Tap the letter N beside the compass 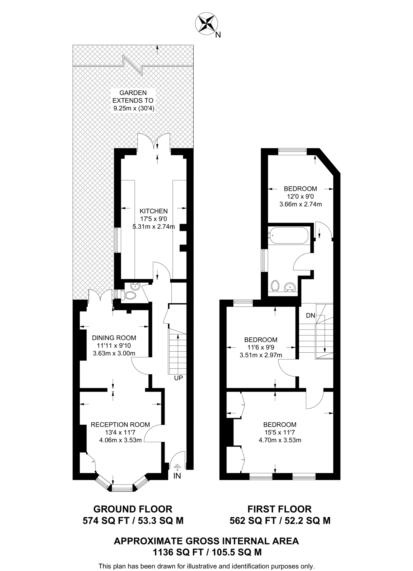coord(218,35)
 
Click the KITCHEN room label coord(154,211)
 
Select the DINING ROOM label coord(114,338)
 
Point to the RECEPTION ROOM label coord(120,425)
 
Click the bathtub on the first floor coord(288,236)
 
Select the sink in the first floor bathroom coord(290,287)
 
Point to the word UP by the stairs coord(178,378)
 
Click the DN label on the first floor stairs coord(311,316)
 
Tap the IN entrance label coord(177,476)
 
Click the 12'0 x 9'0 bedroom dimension coord(300,196)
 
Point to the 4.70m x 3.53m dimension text coord(280,440)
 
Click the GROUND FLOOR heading coord(133,509)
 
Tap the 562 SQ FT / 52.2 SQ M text coord(280,521)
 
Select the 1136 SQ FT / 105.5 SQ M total coord(207,552)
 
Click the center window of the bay coord(123,488)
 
